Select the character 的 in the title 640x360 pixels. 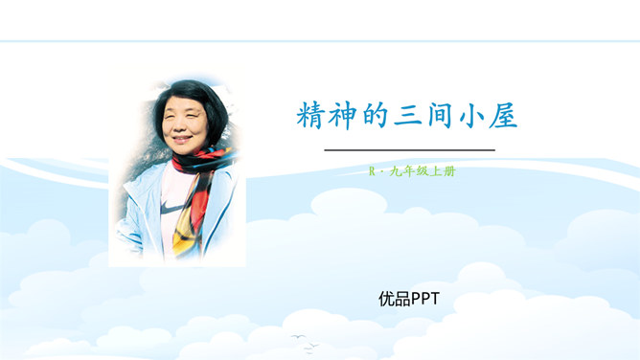click(377, 118)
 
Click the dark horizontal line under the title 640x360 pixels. click(409, 150)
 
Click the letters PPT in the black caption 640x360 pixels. click(424, 299)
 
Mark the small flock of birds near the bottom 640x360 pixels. click(300, 338)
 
